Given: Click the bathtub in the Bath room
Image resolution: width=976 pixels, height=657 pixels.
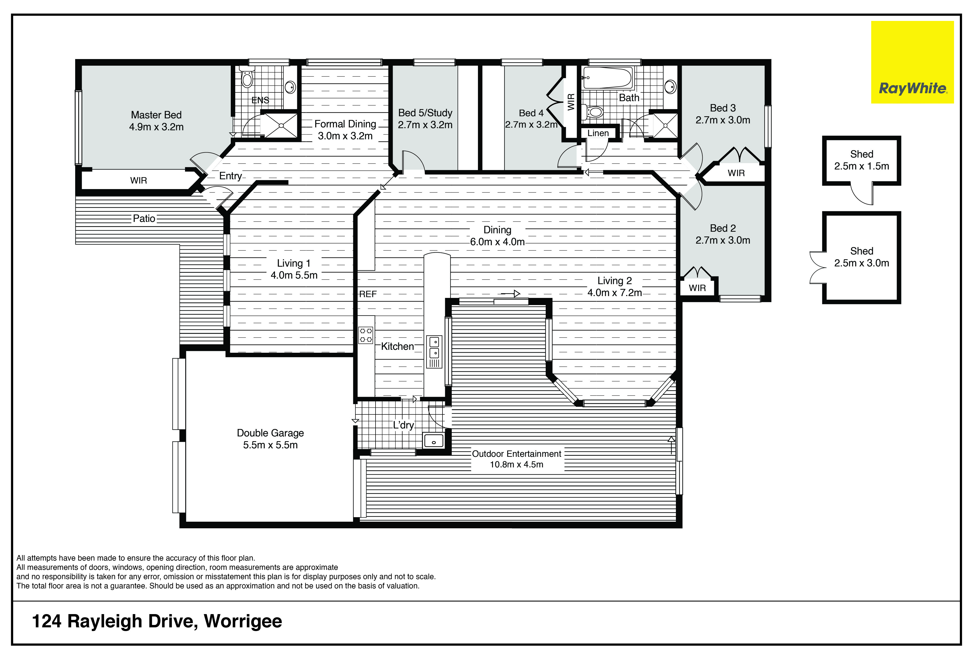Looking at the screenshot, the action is pyautogui.click(x=608, y=78).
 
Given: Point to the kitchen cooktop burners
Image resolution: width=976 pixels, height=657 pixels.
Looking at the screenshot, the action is pyautogui.click(x=365, y=335).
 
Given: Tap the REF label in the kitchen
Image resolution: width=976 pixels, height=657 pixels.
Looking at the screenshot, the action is pyautogui.click(x=368, y=294).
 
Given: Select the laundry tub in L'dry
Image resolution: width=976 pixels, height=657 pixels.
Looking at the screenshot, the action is pyautogui.click(x=434, y=440).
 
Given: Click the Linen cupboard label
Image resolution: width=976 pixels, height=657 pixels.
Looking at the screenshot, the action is pyautogui.click(x=598, y=133).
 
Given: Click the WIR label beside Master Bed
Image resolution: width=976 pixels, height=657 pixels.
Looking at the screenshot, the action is pyautogui.click(x=139, y=181).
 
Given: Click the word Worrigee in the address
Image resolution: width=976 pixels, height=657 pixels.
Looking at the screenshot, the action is pyautogui.click(x=243, y=622).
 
